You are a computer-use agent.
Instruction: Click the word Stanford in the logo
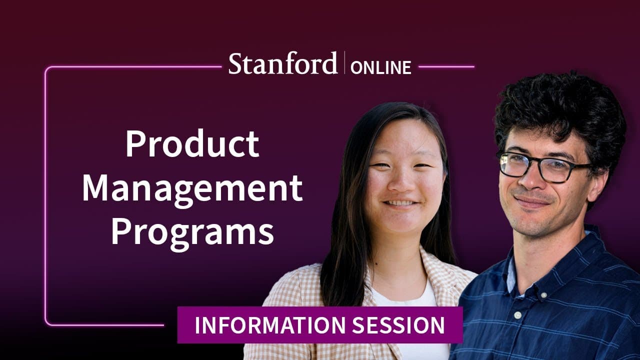(x=283, y=63)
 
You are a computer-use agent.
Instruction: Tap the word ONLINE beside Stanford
(x=380, y=67)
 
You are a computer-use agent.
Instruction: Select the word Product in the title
(x=192, y=143)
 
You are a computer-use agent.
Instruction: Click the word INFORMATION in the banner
(x=270, y=325)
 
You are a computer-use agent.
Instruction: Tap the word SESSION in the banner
(x=398, y=325)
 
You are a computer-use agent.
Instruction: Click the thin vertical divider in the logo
(x=344, y=63)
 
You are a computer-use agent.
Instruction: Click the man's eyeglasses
(x=544, y=167)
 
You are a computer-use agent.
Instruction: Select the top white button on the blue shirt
(x=543, y=295)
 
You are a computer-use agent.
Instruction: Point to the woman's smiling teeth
(x=400, y=203)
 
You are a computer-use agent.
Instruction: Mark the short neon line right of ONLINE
(x=446, y=67)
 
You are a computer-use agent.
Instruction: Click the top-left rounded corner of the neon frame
(x=47, y=69)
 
